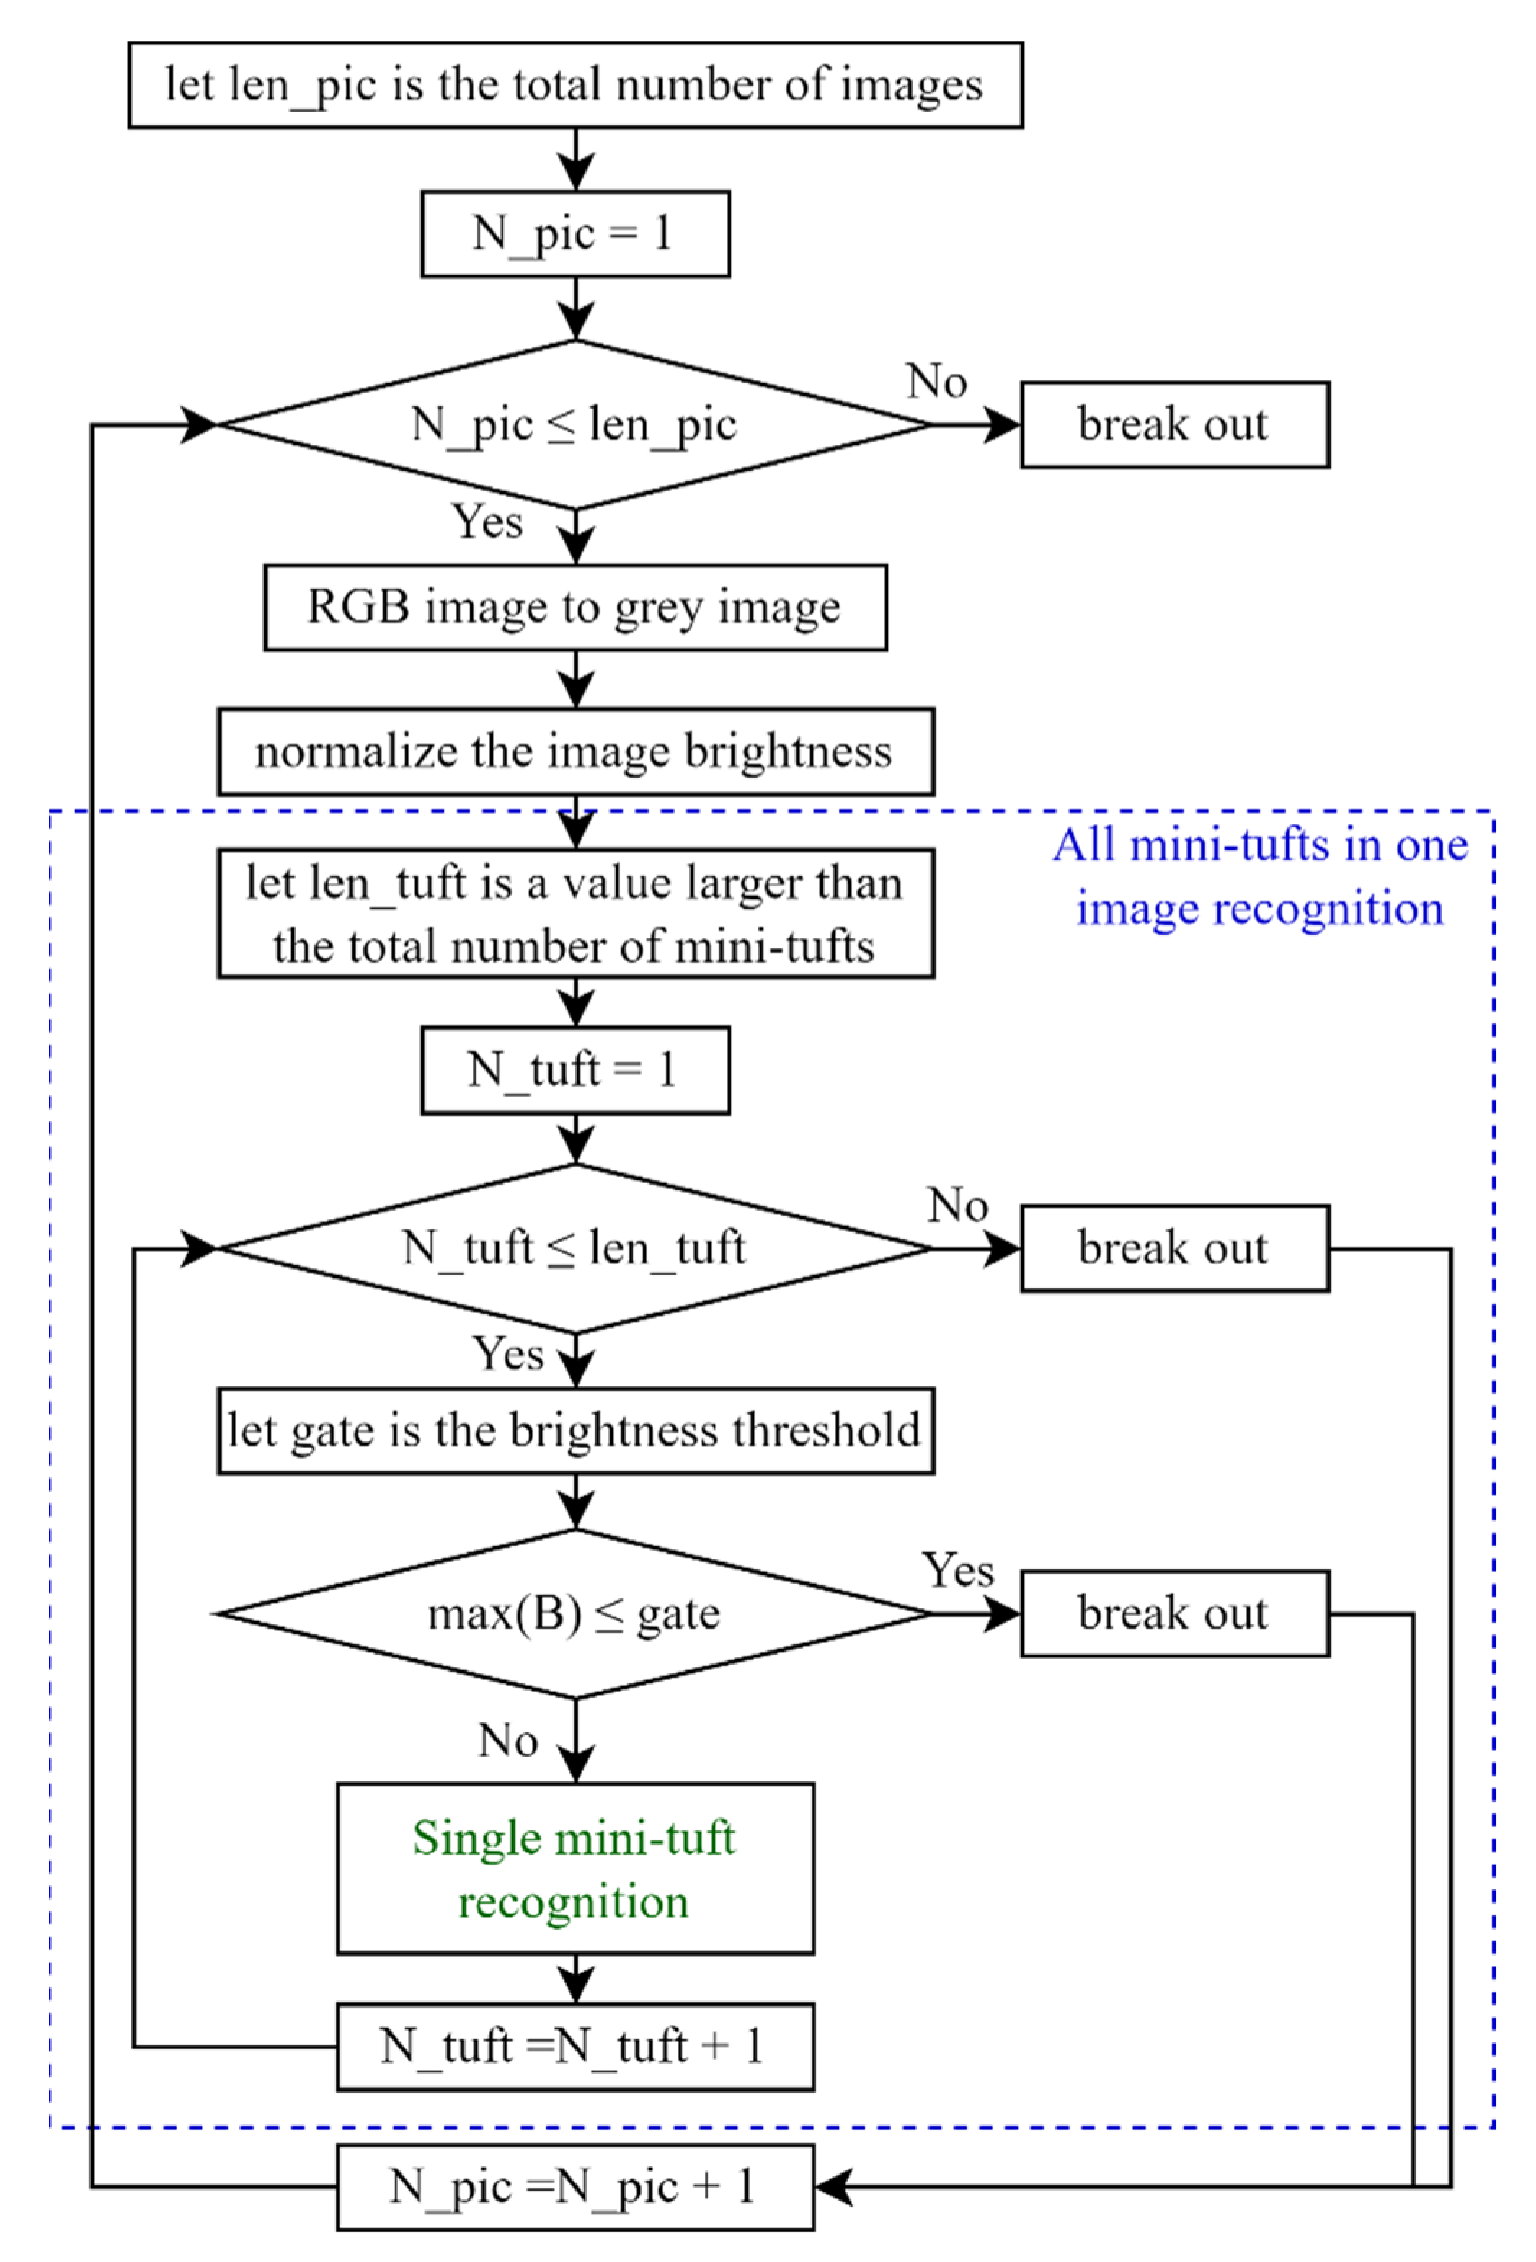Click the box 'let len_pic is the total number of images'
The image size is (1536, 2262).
574,85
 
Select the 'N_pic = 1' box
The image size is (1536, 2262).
574,233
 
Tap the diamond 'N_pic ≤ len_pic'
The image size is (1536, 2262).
574,424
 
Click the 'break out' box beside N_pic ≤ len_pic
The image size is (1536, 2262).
1174,424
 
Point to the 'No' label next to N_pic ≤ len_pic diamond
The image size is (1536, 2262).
936,380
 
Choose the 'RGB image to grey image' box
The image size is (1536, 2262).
574,607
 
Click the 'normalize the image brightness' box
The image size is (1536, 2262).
574,752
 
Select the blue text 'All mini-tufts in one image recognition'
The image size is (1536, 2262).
1259,876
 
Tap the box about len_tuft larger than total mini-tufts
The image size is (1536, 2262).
574,913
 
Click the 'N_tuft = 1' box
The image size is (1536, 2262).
574,1069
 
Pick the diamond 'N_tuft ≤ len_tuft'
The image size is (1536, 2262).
574,1248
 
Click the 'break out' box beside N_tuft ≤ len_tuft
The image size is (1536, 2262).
1174,1248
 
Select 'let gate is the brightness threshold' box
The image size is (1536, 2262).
574,1431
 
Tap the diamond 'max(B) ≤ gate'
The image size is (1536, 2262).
574,1613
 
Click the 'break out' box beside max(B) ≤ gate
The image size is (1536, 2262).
1174,1613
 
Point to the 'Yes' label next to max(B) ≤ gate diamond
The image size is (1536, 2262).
958,1570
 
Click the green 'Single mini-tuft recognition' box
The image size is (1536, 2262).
574,1869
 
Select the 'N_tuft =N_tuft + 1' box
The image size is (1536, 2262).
574,2046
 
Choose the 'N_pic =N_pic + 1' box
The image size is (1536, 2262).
574,2187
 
